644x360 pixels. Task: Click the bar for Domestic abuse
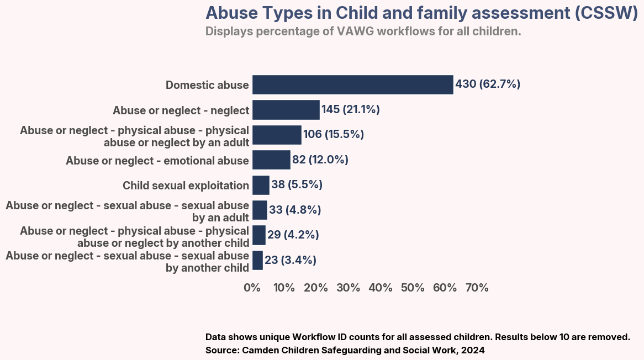tap(352, 84)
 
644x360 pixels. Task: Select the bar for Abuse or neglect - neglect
tap(286, 110)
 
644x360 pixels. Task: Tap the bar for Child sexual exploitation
tap(261, 185)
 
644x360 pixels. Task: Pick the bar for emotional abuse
tap(271, 160)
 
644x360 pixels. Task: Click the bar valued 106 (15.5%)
tap(277, 135)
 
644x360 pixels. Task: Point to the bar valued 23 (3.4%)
tap(257, 260)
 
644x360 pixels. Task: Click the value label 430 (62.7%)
tap(488, 84)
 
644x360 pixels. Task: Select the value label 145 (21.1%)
tap(351, 110)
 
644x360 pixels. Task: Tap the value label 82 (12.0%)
tap(320, 160)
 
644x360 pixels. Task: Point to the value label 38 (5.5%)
tap(297, 185)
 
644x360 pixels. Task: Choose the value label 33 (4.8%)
tap(295, 210)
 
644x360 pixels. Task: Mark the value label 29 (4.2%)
tap(293, 235)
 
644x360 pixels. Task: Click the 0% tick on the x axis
tap(252, 288)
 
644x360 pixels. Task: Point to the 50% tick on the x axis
tap(413, 288)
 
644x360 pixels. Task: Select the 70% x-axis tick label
tap(477, 288)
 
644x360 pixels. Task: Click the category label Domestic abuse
tap(207, 85)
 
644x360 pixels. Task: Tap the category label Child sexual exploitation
tap(186, 186)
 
